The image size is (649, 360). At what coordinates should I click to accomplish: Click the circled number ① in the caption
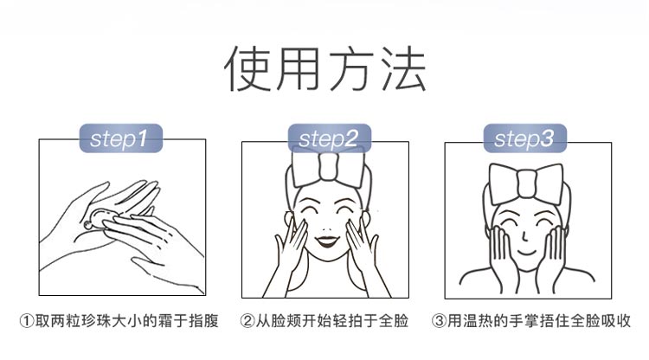click(x=27, y=321)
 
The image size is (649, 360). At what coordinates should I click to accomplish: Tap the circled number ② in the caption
click(x=248, y=321)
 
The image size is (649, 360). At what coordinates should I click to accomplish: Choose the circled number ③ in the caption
click(x=439, y=321)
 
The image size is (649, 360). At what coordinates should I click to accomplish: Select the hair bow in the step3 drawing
click(x=527, y=183)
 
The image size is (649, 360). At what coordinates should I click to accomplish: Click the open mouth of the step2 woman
click(x=327, y=238)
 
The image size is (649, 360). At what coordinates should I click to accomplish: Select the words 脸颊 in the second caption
click(x=293, y=321)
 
